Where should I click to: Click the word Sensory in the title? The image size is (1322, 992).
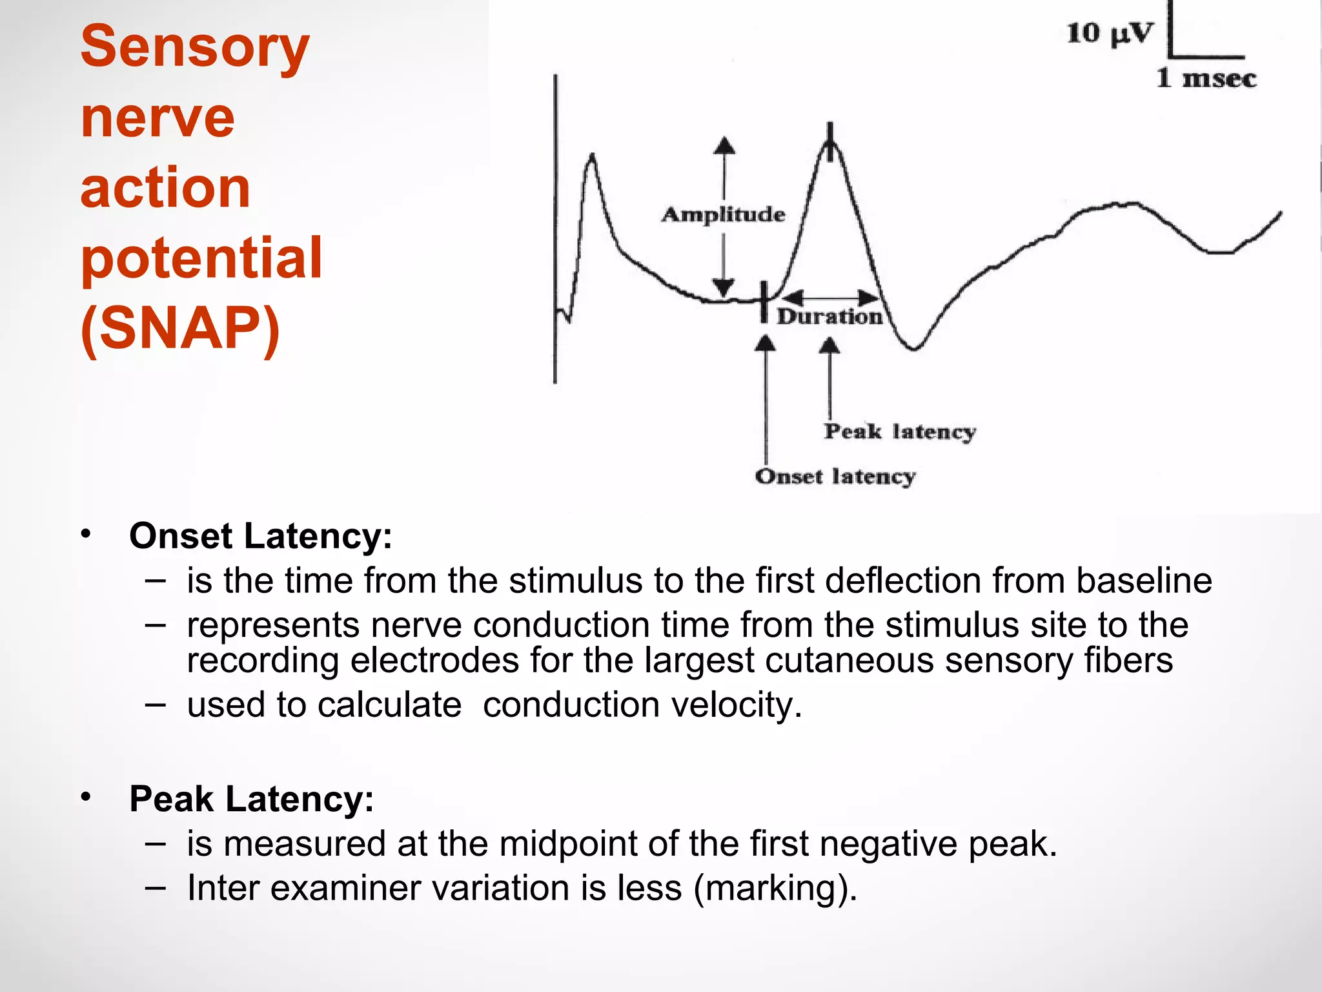pos(195,46)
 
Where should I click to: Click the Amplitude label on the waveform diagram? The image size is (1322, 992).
pos(724,214)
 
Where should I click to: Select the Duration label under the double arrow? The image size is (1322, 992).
pos(829,316)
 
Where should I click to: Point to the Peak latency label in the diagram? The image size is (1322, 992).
pos(900,431)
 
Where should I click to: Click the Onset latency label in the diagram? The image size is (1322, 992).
pos(835,477)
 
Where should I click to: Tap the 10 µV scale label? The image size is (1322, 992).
pos(1109,33)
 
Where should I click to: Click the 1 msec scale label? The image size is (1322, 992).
pos(1206,78)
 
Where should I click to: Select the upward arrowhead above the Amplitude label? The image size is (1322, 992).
pos(724,145)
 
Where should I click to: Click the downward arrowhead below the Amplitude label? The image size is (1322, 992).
pos(723,287)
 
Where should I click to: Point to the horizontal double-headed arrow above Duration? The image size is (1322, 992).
pos(830,298)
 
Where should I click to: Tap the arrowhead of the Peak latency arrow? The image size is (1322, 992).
pos(829,347)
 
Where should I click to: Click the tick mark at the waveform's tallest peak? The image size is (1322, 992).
pos(830,137)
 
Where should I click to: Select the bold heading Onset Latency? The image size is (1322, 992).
pos(261,536)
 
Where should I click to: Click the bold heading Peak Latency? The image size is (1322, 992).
pos(252,799)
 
